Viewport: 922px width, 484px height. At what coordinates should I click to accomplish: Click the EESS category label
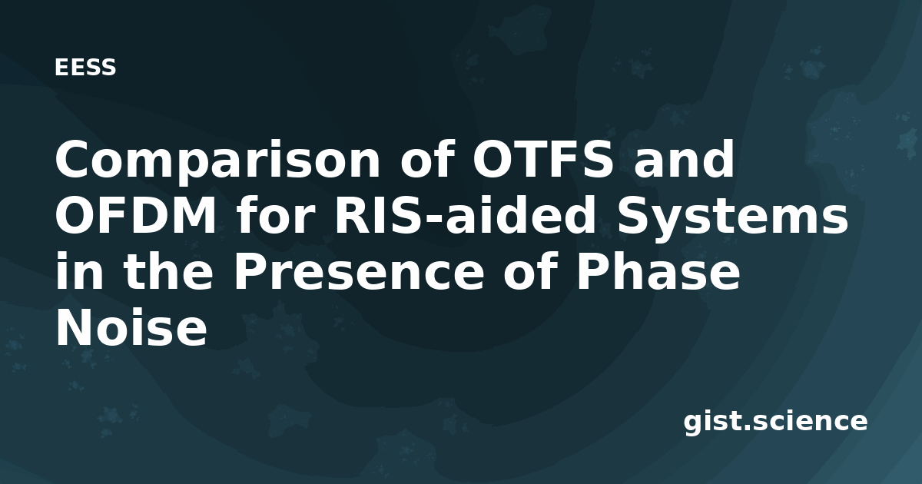click(85, 68)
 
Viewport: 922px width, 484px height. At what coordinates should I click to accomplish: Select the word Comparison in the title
click(217, 161)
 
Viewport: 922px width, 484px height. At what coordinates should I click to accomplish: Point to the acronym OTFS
click(543, 159)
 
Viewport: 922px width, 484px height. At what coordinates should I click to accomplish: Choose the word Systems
click(731, 220)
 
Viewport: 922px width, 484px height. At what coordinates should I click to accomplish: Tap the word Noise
click(131, 327)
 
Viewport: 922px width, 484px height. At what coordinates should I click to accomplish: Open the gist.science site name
click(775, 423)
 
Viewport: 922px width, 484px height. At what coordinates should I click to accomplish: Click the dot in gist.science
click(748, 429)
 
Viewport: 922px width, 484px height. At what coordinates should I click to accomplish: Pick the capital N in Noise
click(75, 327)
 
